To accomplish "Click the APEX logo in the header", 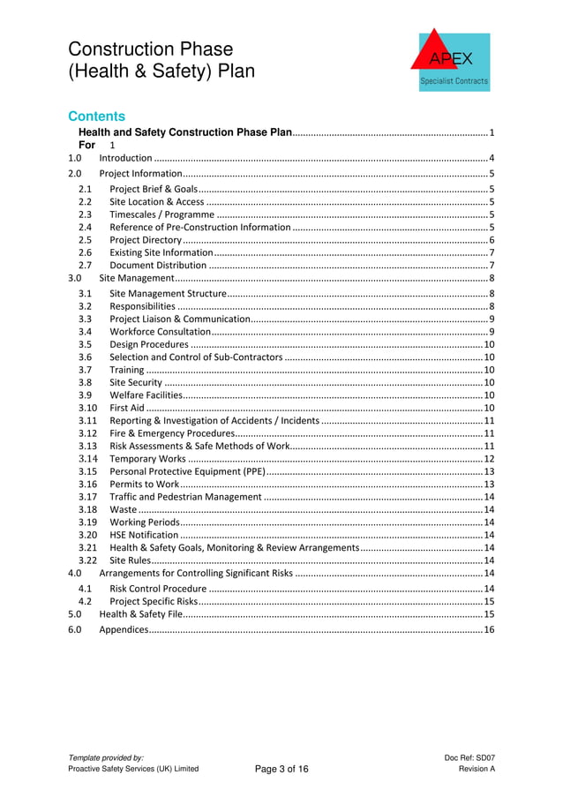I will coord(449,59).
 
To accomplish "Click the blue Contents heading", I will coord(97,117).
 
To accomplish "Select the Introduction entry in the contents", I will coord(125,158).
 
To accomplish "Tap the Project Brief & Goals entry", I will coord(154,189).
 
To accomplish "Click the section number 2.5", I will coord(85,240).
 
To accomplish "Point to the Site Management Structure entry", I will coord(168,293).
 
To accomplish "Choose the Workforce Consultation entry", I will coord(160,331).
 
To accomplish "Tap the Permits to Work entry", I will coord(145,485).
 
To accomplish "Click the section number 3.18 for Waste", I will coord(86,509).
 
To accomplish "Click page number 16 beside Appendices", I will coord(489,629).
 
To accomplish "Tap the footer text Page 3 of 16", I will coord(281,770).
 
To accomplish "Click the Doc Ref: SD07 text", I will coord(470,757).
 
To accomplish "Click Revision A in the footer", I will coord(477,770).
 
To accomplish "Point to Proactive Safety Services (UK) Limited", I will coord(133,770).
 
